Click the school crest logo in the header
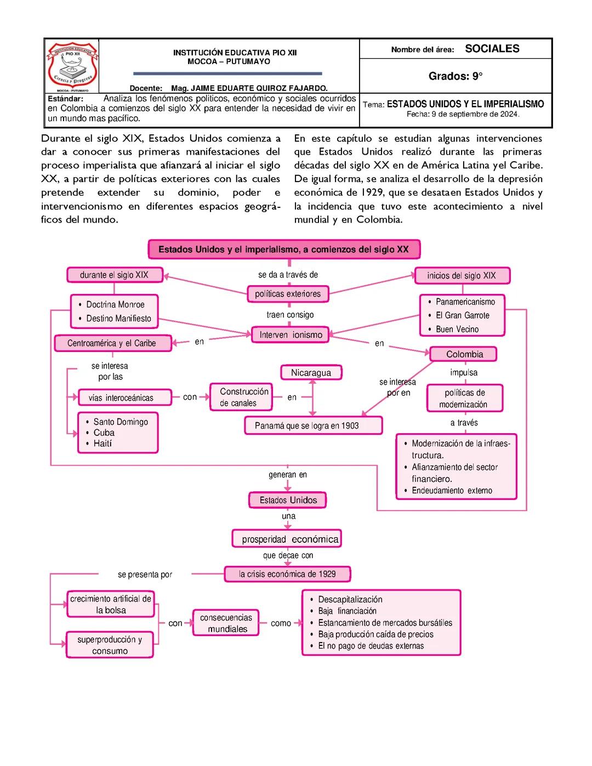point(72,66)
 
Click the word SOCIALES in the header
point(492,49)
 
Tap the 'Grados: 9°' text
point(455,76)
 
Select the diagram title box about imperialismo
point(283,249)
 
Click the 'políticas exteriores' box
point(288,294)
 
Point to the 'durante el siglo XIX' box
point(115,275)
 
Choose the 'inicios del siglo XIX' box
point(462,276)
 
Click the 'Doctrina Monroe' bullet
point(115,305)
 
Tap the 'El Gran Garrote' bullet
point(462,315)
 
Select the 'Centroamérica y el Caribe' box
point(112,343)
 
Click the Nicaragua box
point(311,373)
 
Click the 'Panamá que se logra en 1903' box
point(312,425)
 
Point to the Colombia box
point(464,354)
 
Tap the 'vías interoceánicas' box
point(121,398)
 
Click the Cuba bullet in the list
point(104,433)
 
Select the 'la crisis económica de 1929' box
point(287,574)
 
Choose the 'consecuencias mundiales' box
point(226,623)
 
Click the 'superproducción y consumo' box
point(110,645)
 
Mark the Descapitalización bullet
point(350,599)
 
